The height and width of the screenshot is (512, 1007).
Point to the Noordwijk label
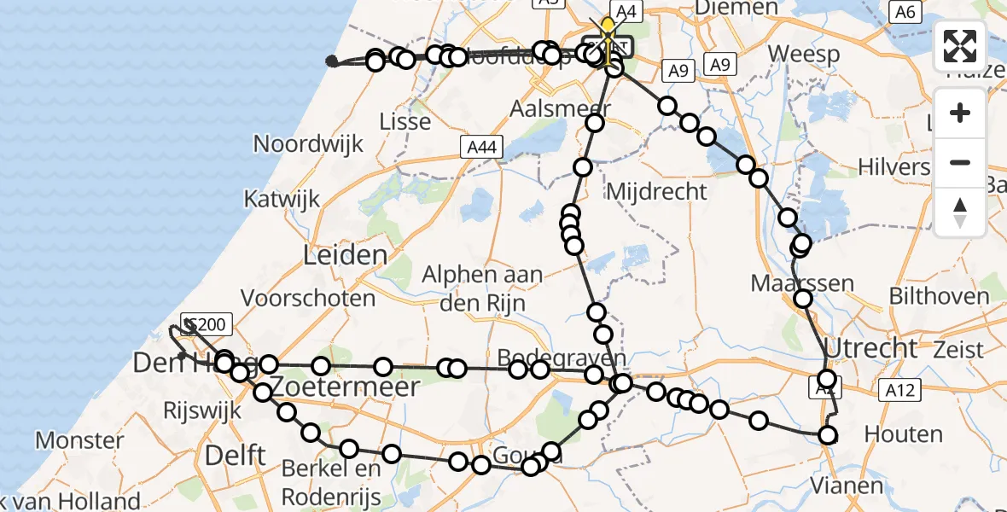[308, 143]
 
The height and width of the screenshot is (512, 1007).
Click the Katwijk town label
[281, 200]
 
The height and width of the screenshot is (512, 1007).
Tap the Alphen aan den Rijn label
[483, 288]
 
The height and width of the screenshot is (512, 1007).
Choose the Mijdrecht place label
[656, 191]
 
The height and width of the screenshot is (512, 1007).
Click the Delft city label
[236, 455]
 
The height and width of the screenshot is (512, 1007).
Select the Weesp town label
[803, 54]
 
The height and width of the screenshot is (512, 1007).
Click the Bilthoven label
[939, 297]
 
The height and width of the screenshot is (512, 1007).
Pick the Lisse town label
[405, 121]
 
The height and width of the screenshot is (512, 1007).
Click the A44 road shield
[481, 148]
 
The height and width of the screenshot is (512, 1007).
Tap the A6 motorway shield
[905, 12]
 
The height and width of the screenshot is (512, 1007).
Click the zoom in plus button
[960, 113]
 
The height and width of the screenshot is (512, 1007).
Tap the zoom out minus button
[960, 162]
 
